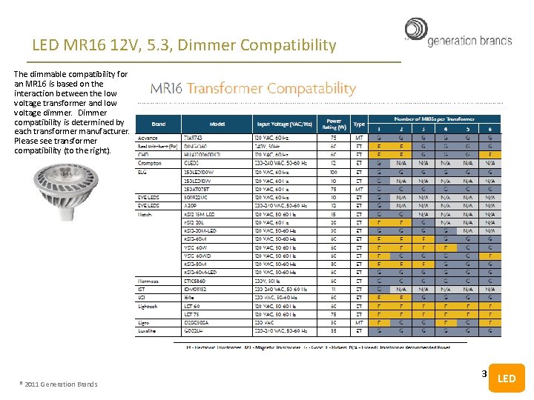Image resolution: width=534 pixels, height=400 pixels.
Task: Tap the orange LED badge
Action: [x=507, y=378]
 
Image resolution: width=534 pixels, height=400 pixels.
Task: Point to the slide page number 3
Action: [x=484, y=374]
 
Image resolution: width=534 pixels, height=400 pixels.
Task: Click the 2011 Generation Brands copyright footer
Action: [x=60, y=384]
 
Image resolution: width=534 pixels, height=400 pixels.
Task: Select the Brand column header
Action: [x=158, y=124]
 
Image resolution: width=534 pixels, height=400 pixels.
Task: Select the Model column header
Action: [x=217, y=124]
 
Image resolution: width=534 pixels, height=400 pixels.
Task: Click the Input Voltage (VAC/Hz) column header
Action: [x=284, y=124]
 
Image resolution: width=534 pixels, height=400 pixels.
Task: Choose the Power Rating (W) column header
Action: [x=334, y=124]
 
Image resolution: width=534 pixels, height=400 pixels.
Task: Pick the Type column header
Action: [x=359, y=124]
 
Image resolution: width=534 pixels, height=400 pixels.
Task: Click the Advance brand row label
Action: [x=148, y=138]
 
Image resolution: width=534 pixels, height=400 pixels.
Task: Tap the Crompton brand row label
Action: [x=150, y=163]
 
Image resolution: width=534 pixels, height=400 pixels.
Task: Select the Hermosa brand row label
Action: [x=149, y=281]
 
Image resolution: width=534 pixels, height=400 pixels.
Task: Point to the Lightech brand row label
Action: [x=148, y=306]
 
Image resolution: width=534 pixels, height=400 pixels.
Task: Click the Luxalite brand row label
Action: [x=148, y=330]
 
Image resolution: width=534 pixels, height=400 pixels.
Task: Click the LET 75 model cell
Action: [x=191, y=314]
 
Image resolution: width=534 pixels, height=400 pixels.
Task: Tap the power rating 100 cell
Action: [x=334, y=172]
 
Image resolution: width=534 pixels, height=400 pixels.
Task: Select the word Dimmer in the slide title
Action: [x=224, y=45]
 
